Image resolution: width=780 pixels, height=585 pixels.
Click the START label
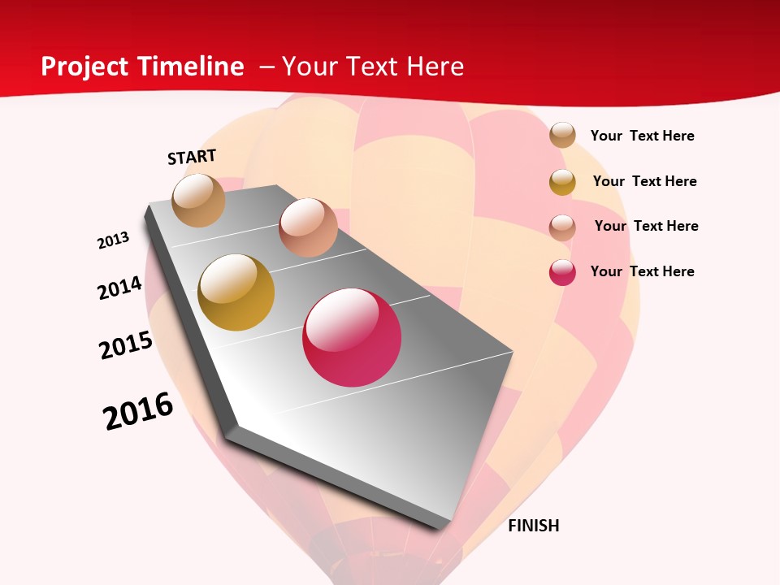click(192, 157)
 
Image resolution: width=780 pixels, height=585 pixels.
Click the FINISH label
click(533, 526)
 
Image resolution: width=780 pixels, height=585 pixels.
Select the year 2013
click(113, 240)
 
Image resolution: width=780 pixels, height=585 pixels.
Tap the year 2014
click(119, 288)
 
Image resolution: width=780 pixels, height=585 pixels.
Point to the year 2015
click(126, 345)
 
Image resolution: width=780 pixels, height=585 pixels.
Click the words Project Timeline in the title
click(142, 67)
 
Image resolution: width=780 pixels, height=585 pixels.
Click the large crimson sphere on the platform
click(352, 337)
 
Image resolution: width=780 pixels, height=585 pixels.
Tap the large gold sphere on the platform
click(236, 292)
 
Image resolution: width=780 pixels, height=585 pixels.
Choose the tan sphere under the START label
click(199, 200)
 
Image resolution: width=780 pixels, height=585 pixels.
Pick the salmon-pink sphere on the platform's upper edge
click(308, 227)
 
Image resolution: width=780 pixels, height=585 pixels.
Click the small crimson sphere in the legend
click(562, 272)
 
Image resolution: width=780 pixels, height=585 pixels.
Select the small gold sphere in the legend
click(562, 182)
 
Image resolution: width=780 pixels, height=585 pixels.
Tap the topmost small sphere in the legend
click(562, 136)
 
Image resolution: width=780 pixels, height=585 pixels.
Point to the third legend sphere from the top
click(562, 227)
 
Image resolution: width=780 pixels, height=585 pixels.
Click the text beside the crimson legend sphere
click(642, 271)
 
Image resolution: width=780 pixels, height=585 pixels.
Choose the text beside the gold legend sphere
click(644, 181)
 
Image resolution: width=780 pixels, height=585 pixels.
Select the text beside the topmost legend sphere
click(642, 136)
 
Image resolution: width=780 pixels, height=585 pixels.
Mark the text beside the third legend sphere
click(646, 226)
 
